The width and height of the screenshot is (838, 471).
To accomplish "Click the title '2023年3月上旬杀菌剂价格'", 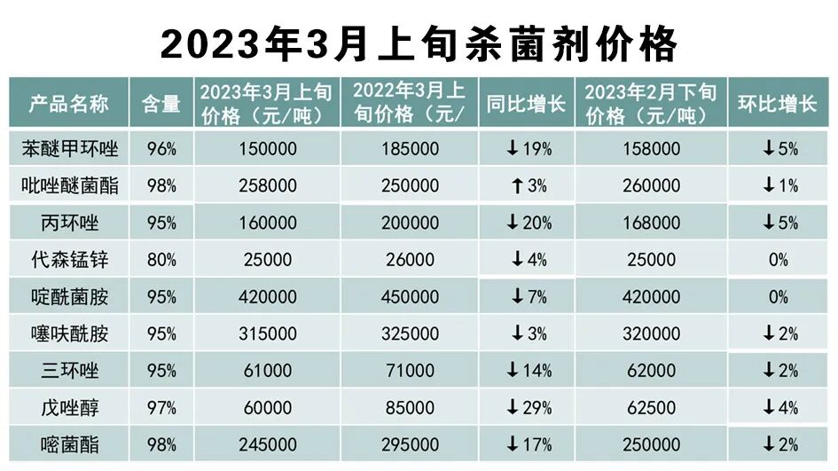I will [x=419, y=42].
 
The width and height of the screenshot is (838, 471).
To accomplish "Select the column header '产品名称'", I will [x=69, y=104].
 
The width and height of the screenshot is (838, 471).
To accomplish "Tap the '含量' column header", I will [x=161, y=104].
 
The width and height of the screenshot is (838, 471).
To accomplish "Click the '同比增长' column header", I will [x=526, y=104].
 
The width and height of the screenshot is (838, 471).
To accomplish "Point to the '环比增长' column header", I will [x=778, y=104].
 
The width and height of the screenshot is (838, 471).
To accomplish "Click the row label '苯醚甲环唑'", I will [x=69, y=149].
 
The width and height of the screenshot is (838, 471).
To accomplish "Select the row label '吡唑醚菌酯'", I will [x=69, y=185].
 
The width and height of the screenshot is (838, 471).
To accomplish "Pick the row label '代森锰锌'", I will [x=69, y=260].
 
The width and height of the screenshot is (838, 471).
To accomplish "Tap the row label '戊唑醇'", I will [x=69, y=408].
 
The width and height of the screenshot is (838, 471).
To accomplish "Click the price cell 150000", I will [x=267, y=149].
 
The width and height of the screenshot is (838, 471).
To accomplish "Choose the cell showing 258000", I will [x=267, y=185].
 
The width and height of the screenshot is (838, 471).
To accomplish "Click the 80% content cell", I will [x=161, y=260].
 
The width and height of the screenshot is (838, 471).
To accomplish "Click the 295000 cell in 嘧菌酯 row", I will [x=410, y=444].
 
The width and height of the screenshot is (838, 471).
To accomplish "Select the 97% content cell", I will [x=161, y=408].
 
